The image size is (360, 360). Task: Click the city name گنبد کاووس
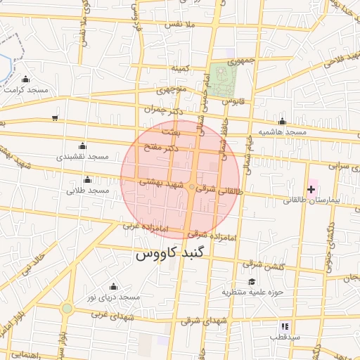[173, 254]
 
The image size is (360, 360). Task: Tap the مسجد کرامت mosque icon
[27, 79]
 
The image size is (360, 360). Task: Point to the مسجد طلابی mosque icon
[87, 180]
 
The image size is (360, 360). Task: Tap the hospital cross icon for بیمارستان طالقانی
[311, 189]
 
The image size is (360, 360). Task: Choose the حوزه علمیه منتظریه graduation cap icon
[251, 281]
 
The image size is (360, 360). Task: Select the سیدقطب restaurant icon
[285, 326]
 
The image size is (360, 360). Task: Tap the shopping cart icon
[55, 117]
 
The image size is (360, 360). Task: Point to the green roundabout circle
[67, 308]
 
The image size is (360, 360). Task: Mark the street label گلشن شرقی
[257, 264]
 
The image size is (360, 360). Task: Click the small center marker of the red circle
[191, 186]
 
